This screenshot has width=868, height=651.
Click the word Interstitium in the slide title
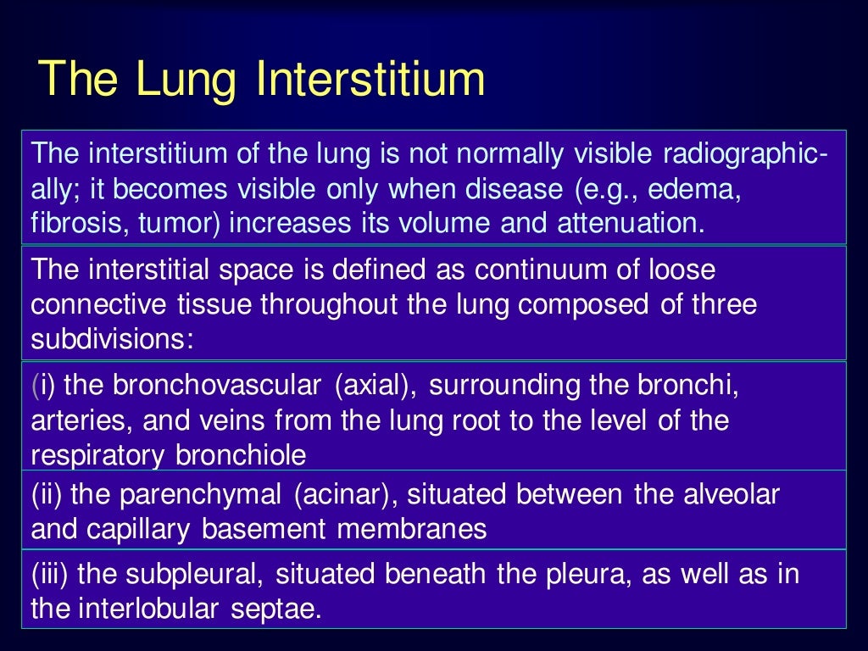coord(371,80)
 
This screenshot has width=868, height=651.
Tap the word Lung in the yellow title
coord(186,80)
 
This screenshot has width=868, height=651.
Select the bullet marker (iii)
coord(50,575)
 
